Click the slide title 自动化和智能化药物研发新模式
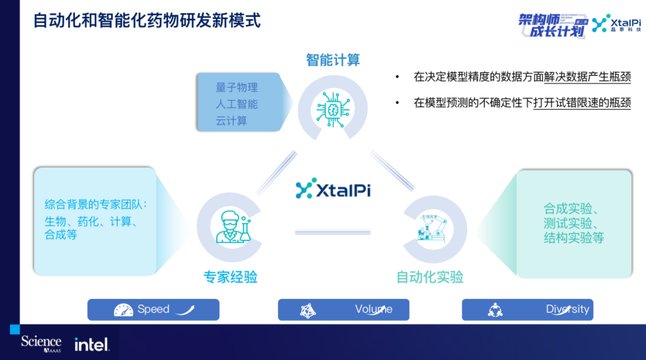click(x=147, y=20)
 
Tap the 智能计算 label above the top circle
click(x=333, y=60)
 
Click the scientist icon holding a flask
click(x=231, y=227)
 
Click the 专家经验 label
click(x=230, y=277)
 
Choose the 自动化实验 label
click(x=430, y=277)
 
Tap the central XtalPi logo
click(x=333, y=188)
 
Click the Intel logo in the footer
click(x=92, y=344)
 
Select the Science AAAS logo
click(x=41, y=343)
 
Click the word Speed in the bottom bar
click(x=154, y=309)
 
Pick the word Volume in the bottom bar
click(x=374, y=309)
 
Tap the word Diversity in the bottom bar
click(x=568, y=309)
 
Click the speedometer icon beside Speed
click(x=123, y=310)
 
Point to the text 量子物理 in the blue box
click(x=237, y=87)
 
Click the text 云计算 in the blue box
click(x=231, y=121)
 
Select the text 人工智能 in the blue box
click(x=237, y=104)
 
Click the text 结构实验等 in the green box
click(x=574, y=238)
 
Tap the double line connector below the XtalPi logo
click(x=333, y=232)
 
